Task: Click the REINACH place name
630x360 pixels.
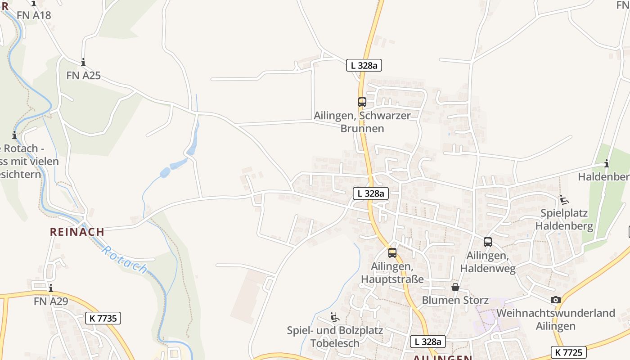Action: coord(77,232)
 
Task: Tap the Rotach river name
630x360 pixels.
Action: coord(125,260)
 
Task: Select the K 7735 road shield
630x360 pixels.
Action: coord(103,318)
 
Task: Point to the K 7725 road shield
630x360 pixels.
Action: coord(568,352)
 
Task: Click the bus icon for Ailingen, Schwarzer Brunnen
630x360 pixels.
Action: coord(362,102)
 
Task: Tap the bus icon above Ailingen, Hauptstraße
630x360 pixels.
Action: coord(392,252)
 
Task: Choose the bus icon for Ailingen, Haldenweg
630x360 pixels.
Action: coord(488,242)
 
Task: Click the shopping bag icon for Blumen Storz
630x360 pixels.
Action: coord(455,287)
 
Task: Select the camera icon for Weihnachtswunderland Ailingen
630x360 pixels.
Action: coord(556,300)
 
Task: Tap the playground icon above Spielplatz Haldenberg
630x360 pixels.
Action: coord(564,200)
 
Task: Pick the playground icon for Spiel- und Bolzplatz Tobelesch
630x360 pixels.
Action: coord(334,318)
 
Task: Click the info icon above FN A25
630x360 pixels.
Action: coord(83,63)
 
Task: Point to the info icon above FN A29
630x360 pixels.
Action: coord(51,288)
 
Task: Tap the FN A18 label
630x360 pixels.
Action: coord(34,15)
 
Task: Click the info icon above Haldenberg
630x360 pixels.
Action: coord(607,163)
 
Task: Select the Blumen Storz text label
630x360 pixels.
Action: coord(455,300)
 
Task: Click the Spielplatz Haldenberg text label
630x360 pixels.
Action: coord(564,220)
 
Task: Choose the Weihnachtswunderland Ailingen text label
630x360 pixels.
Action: coord(556,319)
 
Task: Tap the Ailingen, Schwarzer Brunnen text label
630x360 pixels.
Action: coord(362,122)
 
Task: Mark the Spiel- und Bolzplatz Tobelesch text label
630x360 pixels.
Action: coord(335,337)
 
